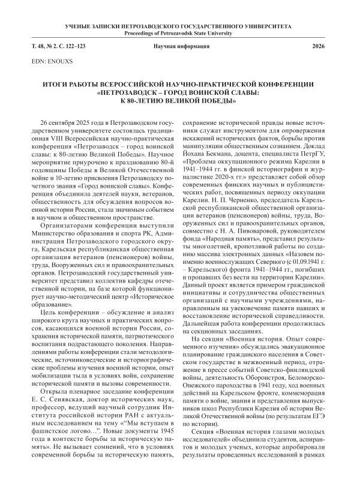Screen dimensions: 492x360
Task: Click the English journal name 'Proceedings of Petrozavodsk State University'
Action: point(179,34)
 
